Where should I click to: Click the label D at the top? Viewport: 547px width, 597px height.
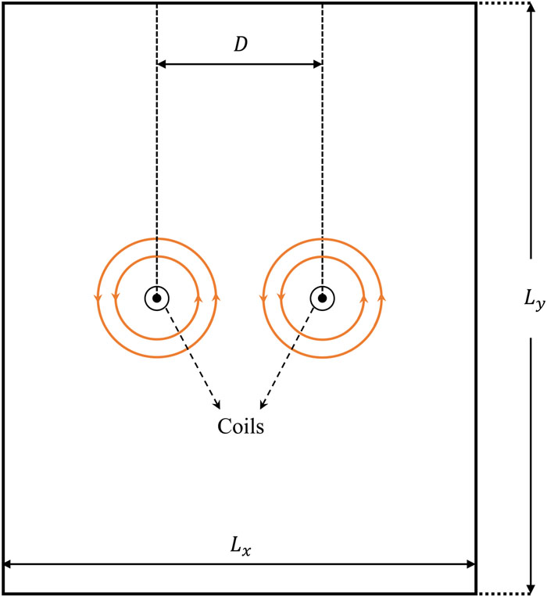(x=241, y=45)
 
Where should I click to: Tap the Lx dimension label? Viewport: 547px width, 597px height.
(x=241, y=546)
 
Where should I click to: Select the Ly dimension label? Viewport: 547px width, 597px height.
(x=534, y=299)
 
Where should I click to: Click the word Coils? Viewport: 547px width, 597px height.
(x=241, y=426)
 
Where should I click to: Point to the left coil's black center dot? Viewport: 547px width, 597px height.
(x=156, y=298)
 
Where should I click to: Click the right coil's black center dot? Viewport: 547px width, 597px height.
(x=322, y=298)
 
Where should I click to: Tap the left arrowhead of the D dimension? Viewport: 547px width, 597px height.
(x=162, y=64)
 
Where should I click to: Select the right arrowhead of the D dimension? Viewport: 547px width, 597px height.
(x=317, y=64)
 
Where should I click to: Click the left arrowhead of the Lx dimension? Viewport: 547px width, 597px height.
(x=8, y=564)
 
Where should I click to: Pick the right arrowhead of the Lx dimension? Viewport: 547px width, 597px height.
(x=471, y=564)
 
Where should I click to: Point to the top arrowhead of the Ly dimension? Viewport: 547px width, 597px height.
(x=531, y=7)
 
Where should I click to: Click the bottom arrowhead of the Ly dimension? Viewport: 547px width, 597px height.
(x=531, y=589)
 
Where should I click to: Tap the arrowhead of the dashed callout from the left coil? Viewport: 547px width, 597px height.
(x=217, y=405)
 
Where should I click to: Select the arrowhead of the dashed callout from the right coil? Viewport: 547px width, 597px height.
(x=263, y=405)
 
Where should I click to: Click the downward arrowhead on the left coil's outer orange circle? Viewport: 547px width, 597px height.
(x=98, y=298)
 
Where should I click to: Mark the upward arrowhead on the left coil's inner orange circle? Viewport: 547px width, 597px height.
(x=198, y=298)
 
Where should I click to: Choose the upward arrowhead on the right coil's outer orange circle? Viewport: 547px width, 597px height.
(x=381, y=298)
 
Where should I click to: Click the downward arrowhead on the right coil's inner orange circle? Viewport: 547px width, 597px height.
(x=281, y=298)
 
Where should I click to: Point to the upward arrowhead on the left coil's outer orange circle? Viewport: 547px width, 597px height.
(x=216, y=298)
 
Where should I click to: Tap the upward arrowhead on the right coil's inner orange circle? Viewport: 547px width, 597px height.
(x=363, y=298)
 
